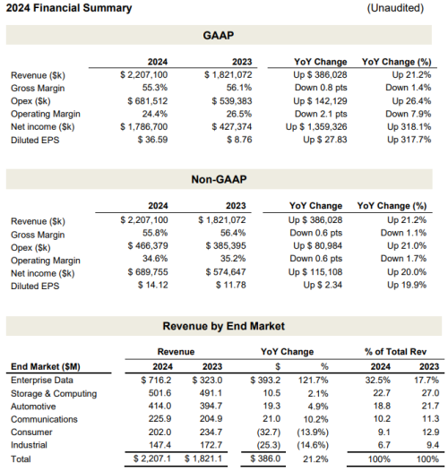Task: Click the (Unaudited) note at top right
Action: tap(395, 8)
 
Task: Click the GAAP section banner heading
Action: tap(219, 36)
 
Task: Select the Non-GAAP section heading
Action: tap(219, 179)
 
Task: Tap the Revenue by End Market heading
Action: tap(224, 326)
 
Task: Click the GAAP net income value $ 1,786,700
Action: tap(143, 127)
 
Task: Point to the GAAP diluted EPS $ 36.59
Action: tap(152, 140)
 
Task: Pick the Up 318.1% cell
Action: tap(409, 127)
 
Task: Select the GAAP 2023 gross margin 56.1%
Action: tap(239, 88)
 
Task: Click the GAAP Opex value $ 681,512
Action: tap(147, 101)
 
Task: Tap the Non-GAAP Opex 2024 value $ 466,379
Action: tap(148, 245)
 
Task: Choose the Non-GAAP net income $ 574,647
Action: tap(226, 272)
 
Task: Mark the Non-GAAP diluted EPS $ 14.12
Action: tap(152, 285)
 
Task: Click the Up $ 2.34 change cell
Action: tap(323, 285)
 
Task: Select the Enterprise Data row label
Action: tap(42, 381)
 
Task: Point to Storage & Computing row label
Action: tap(54, 393)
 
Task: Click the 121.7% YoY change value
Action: tap(314, 381)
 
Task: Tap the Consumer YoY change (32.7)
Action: tap(269, 432)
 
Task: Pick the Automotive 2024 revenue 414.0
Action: tap(159, 407)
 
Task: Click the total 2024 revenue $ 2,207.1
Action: tap(152, 458)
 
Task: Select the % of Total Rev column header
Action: tap(395, 352)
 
